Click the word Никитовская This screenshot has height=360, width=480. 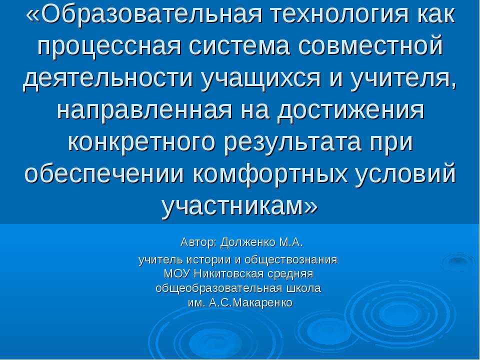click(225, 274)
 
